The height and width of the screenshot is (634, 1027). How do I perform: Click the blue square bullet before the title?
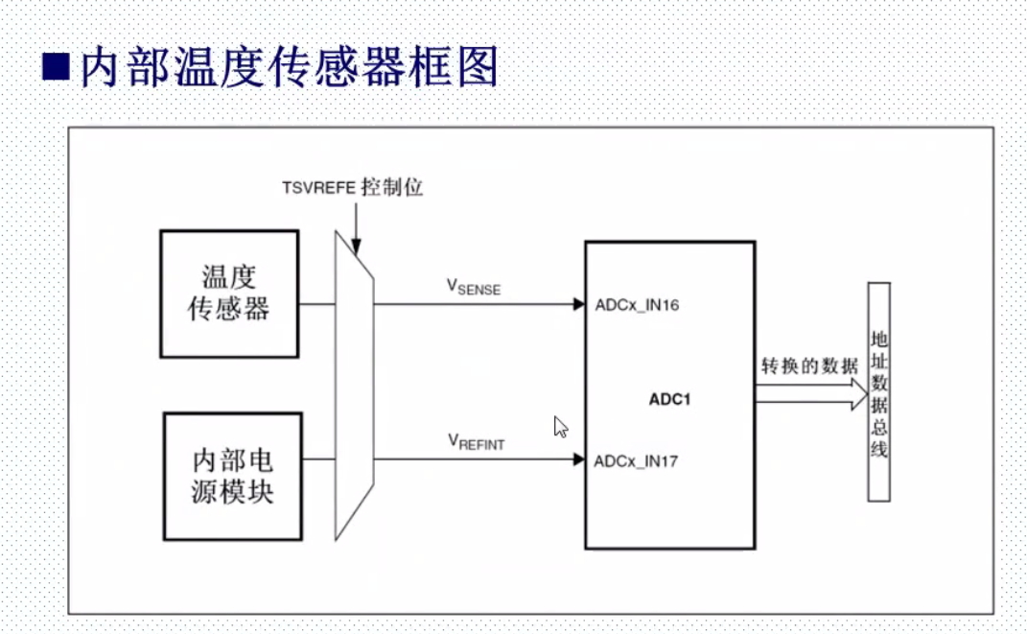57,66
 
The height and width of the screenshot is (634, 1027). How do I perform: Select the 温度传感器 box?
229,294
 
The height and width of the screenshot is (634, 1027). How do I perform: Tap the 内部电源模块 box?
232,476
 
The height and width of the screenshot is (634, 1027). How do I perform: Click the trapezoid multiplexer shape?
353,384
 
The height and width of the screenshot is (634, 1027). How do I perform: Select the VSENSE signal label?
474,287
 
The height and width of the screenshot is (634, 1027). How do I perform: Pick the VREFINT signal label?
476,441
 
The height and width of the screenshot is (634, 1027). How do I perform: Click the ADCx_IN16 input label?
637,306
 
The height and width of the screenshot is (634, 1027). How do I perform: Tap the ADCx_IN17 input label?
637,461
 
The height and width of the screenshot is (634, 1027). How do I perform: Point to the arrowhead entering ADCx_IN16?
579,305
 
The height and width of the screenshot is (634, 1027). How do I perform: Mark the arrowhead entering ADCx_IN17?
579,459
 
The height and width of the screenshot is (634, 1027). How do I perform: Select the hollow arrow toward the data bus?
811,393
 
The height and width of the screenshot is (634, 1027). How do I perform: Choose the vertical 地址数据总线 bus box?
879,391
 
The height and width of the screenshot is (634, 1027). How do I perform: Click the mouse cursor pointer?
561,427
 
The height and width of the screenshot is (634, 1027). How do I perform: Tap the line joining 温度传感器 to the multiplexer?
317,305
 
